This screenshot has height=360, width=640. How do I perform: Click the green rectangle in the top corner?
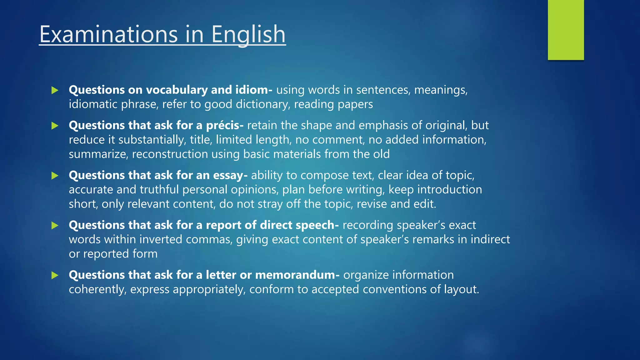[566, 30]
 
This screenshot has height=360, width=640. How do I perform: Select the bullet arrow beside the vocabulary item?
[55, 90]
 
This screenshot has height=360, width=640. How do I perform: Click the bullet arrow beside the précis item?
[55, 126]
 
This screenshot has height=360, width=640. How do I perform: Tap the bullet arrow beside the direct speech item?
[55, 225]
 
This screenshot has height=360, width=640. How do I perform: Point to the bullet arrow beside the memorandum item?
[55, 275]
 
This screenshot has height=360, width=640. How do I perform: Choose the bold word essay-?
[230, 175]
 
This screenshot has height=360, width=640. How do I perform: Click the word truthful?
[159, 190]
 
